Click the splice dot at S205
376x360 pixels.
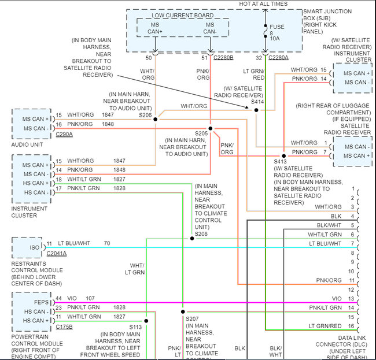[x=211, y=128]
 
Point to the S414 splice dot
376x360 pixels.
[x=256, y=108]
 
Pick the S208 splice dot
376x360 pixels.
[x=192, y=238]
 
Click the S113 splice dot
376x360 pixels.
[x=147, y=321]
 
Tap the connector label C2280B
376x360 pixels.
[x=223, y=58]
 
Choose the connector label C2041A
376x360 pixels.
[x=57, y=253]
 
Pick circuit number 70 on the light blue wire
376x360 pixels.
[x=106, y=243]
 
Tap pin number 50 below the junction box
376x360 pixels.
[x=149, y=58]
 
